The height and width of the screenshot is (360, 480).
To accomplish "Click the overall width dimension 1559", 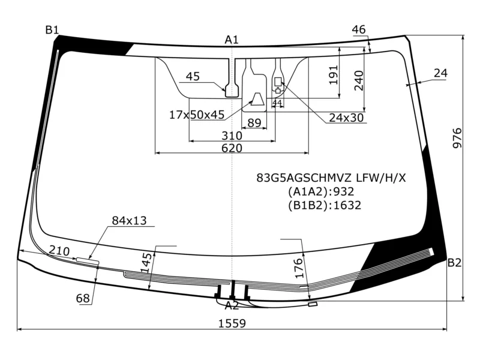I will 232,323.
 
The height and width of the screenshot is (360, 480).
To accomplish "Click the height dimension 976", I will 457,139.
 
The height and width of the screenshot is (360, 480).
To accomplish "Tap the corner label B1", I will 52,30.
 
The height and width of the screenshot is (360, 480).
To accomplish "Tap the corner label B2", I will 454,262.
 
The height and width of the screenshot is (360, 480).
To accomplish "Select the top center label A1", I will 232,40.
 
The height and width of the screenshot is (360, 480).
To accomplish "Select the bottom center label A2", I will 232,305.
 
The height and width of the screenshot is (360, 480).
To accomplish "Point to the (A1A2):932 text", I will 320,192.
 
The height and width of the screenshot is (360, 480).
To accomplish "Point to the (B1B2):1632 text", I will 324,206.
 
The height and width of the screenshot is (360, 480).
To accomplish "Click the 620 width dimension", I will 232,148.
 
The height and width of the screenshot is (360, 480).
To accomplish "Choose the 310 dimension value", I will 232,136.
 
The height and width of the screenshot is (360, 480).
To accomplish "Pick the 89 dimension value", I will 254,123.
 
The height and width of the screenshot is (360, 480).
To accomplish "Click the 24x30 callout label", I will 346,118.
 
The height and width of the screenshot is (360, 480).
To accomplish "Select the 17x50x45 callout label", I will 197,115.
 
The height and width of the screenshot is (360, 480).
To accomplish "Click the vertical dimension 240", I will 359,80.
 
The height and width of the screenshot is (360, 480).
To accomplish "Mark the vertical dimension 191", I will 334,74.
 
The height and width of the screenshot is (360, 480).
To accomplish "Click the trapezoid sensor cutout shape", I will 258,100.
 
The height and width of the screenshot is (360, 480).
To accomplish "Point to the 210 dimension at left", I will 59,251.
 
